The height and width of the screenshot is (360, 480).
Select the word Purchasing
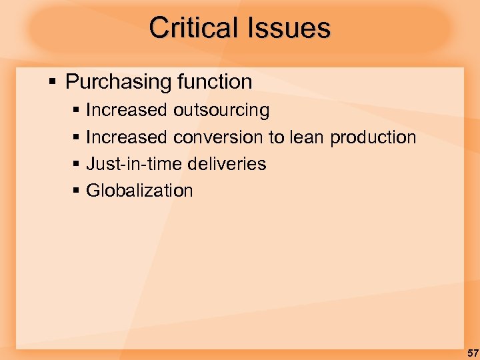tap(119, 83)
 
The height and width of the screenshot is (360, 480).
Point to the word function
tap(215, 83)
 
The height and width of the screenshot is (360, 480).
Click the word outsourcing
tap(221, 111)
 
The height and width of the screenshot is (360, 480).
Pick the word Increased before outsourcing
tap(127, 110)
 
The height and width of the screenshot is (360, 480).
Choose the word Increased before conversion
tap(127, 137)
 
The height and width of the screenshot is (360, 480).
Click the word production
tap(373, 138)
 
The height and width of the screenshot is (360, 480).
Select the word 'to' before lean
tap(276, 137)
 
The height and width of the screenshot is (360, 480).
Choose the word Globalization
tap(139, 191)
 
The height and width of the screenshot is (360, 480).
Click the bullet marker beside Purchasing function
tap(53, 83)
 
